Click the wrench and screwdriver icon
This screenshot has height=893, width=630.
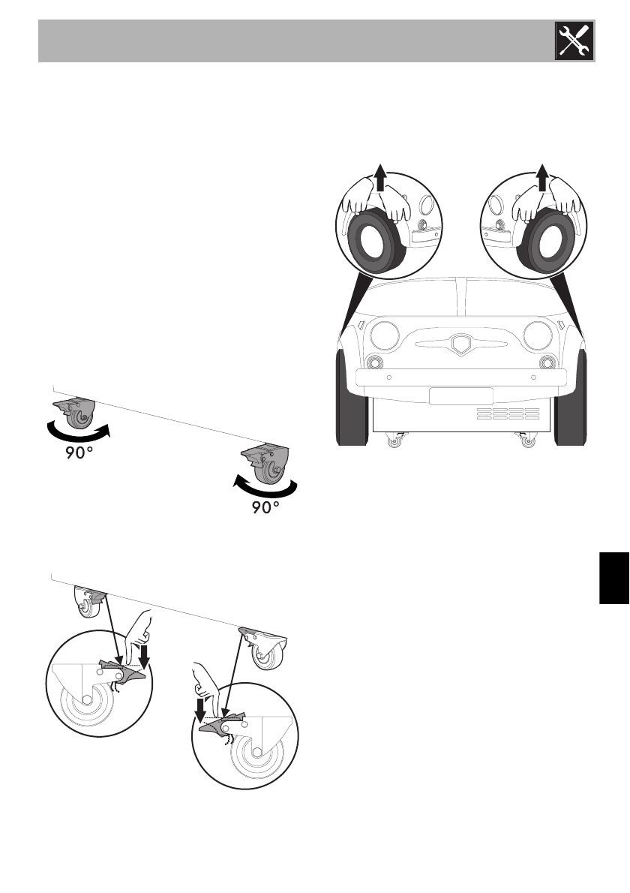click(x=574, y=41)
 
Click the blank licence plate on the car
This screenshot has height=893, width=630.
click(x=460, y=396)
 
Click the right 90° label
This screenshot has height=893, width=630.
click(x=265, y=508)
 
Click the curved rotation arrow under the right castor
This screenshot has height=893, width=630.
click(x=267, y=488)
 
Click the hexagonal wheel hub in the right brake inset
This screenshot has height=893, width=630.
click(x=257, y=753)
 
